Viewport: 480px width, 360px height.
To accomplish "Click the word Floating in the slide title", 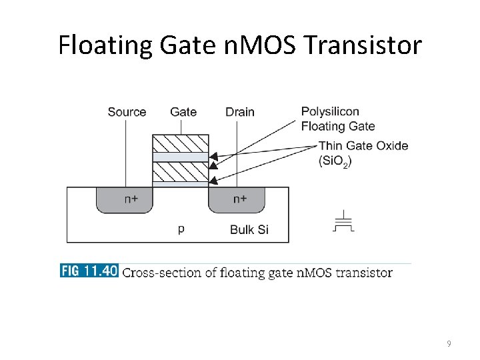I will point(105,46).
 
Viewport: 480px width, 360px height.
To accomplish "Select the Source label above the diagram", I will point(127,112).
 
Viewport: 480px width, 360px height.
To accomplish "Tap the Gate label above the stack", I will point(183,112).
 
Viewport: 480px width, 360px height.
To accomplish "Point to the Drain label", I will point(239,112).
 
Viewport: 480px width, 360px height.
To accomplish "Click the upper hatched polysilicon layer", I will point(181,143).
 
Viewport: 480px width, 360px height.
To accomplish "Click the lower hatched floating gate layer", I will point(181,172).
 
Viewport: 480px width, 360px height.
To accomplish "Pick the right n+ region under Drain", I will point(239,199).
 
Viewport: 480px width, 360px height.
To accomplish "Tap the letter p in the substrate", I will point(181,229).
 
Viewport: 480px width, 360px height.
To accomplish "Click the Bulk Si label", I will point(249,230).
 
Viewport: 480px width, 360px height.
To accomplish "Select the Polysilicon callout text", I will point(330,111).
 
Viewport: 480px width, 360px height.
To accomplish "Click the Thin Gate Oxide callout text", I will point(363,146).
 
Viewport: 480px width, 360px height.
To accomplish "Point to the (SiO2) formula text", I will point(335,161).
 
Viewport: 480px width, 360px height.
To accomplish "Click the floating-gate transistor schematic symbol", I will point(343,221).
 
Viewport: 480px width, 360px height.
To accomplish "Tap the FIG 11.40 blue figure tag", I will point(89,271).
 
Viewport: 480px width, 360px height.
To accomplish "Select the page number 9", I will point(449,344).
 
